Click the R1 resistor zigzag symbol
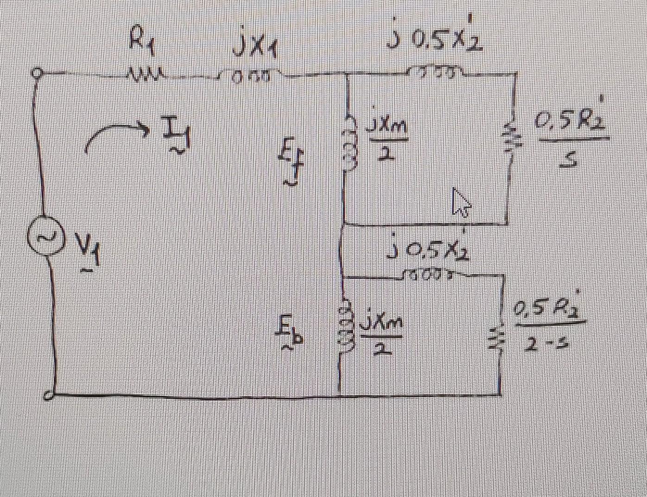(x=143, y=74)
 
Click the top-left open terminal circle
(x=38, y=73)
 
